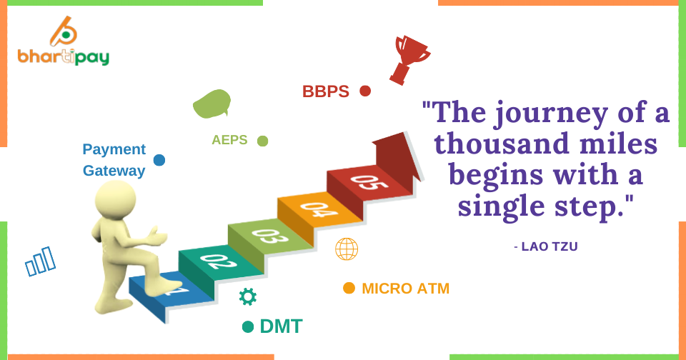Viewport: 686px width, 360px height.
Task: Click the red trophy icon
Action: pyautogui.click(x=409, y=59)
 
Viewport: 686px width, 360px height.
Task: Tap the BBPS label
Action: pyautogui.click(x=326, y=91)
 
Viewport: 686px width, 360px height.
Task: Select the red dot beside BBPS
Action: pyautogui.click(x=365, y=91)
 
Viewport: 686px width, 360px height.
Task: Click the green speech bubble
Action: pyautogui.click(x=212, y=104)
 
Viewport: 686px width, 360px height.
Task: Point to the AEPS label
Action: pyautogui.click(x=229, y=140)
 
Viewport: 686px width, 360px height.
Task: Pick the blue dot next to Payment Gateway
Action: pyautogui.click(x=159, y=160)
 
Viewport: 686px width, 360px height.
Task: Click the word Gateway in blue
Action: pyautogui.click(x=114, y=171)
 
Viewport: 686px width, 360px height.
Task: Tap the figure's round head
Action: pyautogui.click(x=116, y=199)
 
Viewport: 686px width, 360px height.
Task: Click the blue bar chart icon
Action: pyautogui.click(x=41, y=261)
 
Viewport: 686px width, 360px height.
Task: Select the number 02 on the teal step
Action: pyautogui.click(x=219, y=261)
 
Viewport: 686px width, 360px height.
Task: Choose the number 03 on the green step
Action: pyautogui.click(x=270, y=235)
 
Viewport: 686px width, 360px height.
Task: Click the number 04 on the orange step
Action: pyautogui.click(x=319, y=209)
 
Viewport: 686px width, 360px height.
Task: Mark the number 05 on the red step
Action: pyautogui.click(x=369, y=182)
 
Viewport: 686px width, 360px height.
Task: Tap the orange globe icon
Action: pyautogui.click(x=347, y=249)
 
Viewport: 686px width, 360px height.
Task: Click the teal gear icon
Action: pyautogui.click(x=248, y=296)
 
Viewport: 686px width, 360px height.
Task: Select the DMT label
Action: pyautogui.click(x=281, y=326)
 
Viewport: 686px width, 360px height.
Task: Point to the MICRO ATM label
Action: pyautogui.click(x=406, y=289)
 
